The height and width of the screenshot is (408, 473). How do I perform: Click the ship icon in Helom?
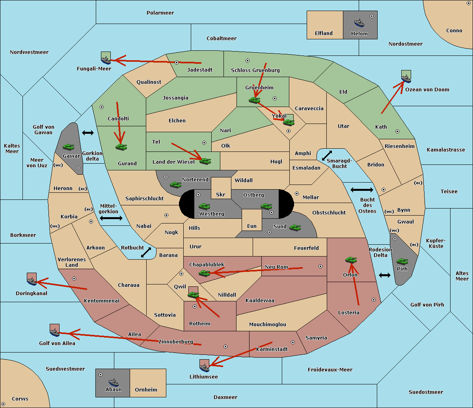359,23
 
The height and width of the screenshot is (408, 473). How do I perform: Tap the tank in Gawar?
69,147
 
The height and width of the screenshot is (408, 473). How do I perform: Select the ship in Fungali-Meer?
106,60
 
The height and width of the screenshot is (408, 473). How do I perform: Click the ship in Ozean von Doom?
406,79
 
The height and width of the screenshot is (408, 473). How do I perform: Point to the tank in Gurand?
121,147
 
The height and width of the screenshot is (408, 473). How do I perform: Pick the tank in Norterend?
175,185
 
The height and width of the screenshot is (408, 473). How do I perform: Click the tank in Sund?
295,227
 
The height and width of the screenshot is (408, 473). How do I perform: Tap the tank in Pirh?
402,261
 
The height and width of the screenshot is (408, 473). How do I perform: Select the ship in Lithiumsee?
204,367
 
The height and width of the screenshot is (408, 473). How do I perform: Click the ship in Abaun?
114,382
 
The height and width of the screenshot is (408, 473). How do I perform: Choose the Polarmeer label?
160,13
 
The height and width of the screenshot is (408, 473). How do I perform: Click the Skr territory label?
221,194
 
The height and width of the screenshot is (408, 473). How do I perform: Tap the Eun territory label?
252,226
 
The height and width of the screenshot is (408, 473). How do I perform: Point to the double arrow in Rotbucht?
146,252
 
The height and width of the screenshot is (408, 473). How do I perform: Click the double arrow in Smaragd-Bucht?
327,155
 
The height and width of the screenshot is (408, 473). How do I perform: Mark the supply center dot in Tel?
204,143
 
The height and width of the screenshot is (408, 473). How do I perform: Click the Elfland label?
324,33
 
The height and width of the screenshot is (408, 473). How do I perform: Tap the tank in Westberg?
204,206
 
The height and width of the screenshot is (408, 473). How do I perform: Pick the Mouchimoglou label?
268,324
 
